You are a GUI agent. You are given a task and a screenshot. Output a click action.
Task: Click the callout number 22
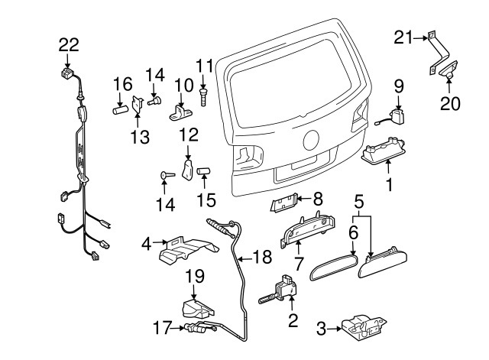click(68, 46)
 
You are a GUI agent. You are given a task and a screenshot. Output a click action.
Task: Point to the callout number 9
click(398, 85)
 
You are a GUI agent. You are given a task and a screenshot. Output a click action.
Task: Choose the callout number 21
click(403, 36)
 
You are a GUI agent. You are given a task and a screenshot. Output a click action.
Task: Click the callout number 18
click(261, 258)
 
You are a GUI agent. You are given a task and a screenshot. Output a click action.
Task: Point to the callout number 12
click(189, 135)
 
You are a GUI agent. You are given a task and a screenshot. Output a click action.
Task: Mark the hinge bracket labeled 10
click(182, 112)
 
